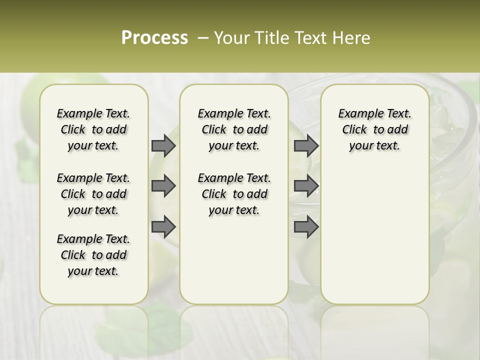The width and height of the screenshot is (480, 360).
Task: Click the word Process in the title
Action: [x=154, y=38]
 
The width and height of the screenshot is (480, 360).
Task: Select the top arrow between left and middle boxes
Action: [x=163, y=145]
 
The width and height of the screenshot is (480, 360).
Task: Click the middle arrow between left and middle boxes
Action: [x=163, y=186]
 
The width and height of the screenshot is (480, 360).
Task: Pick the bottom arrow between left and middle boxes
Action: [x=163, y=227]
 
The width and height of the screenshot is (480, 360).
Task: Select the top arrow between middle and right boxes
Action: [x=306, y=145]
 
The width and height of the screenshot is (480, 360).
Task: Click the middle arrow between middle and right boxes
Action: [x=306, y=186]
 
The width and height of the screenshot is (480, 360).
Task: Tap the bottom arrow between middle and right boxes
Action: [x=306, y=227]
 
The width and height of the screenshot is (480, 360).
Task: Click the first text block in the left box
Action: [x=93, y=129]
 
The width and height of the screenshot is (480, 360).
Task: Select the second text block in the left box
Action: [x=93, y=194]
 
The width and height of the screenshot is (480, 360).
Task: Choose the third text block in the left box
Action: [x=93, y=255]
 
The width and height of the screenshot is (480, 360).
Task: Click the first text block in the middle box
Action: [x=234, y=129]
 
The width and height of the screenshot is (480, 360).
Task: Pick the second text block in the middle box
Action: [x=234, y=194]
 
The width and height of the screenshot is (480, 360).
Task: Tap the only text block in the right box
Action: [x=374, y=129]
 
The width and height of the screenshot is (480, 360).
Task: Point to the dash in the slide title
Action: [x=203, y=38]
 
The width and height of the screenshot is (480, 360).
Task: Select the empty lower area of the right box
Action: [x=374, y=235]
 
